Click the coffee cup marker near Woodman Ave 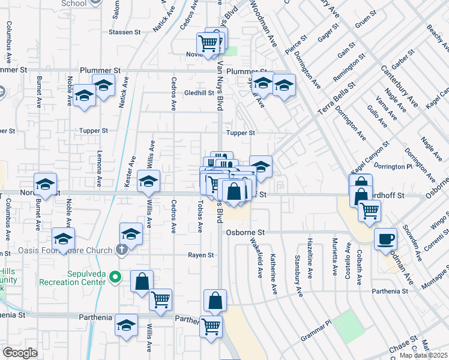(x=385, y=239)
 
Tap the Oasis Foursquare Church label (x=76, y=251)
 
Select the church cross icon (x=122, y=251)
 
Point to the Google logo (x=20, y=353)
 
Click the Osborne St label (x=245, y=232)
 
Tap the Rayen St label (x=202, y=255)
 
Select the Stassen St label (x=125, y=32)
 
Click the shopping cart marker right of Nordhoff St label (x=369, y=210)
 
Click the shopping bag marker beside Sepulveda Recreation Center (x=142, y=281)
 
